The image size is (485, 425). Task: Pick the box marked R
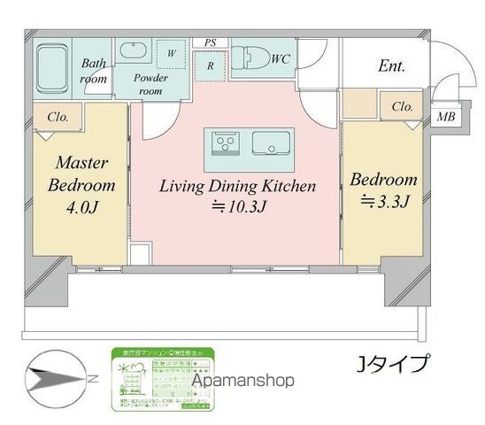pos(211,64)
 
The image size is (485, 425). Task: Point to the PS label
pos(210,42)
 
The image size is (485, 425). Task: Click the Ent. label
pos(390,65)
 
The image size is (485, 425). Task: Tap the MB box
pos(447,117)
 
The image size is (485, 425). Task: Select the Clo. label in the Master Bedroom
pos(58,115)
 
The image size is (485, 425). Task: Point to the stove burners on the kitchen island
pos(224,143)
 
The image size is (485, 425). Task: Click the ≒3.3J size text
pos(383,203)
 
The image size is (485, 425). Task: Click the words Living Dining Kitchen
pos(236,187)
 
